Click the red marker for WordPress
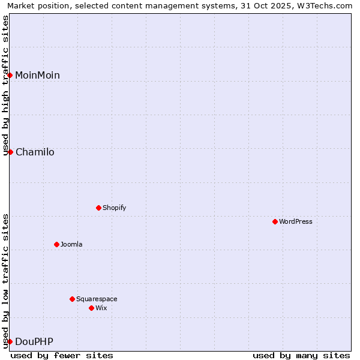click(x=275, y=221)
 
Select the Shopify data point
click(x=98, y=208)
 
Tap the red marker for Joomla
click(x=56, y=244)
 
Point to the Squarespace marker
click(x=72, y=299)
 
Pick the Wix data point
click(x=91, y=308)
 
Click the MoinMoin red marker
click(x=10, y=75)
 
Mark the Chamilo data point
click(x=10, y=152)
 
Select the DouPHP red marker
click(x=10, y=341)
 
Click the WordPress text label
click(x=296, y=221)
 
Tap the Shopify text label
click(x=114, y=208)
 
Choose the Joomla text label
click(x=71, y=244)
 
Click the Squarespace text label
click(x=97, y=299)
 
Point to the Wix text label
click(x=101, y=308)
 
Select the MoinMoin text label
click(x=37, y=75)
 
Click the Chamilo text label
click(x=35, y=152)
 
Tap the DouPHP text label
click(x=34, y=341)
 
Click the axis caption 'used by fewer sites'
click(x=62, y=355)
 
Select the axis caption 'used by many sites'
click(x=301, y=355)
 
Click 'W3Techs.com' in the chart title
click(x=327, y=6)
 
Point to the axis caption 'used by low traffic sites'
click(x=6, y=281)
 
